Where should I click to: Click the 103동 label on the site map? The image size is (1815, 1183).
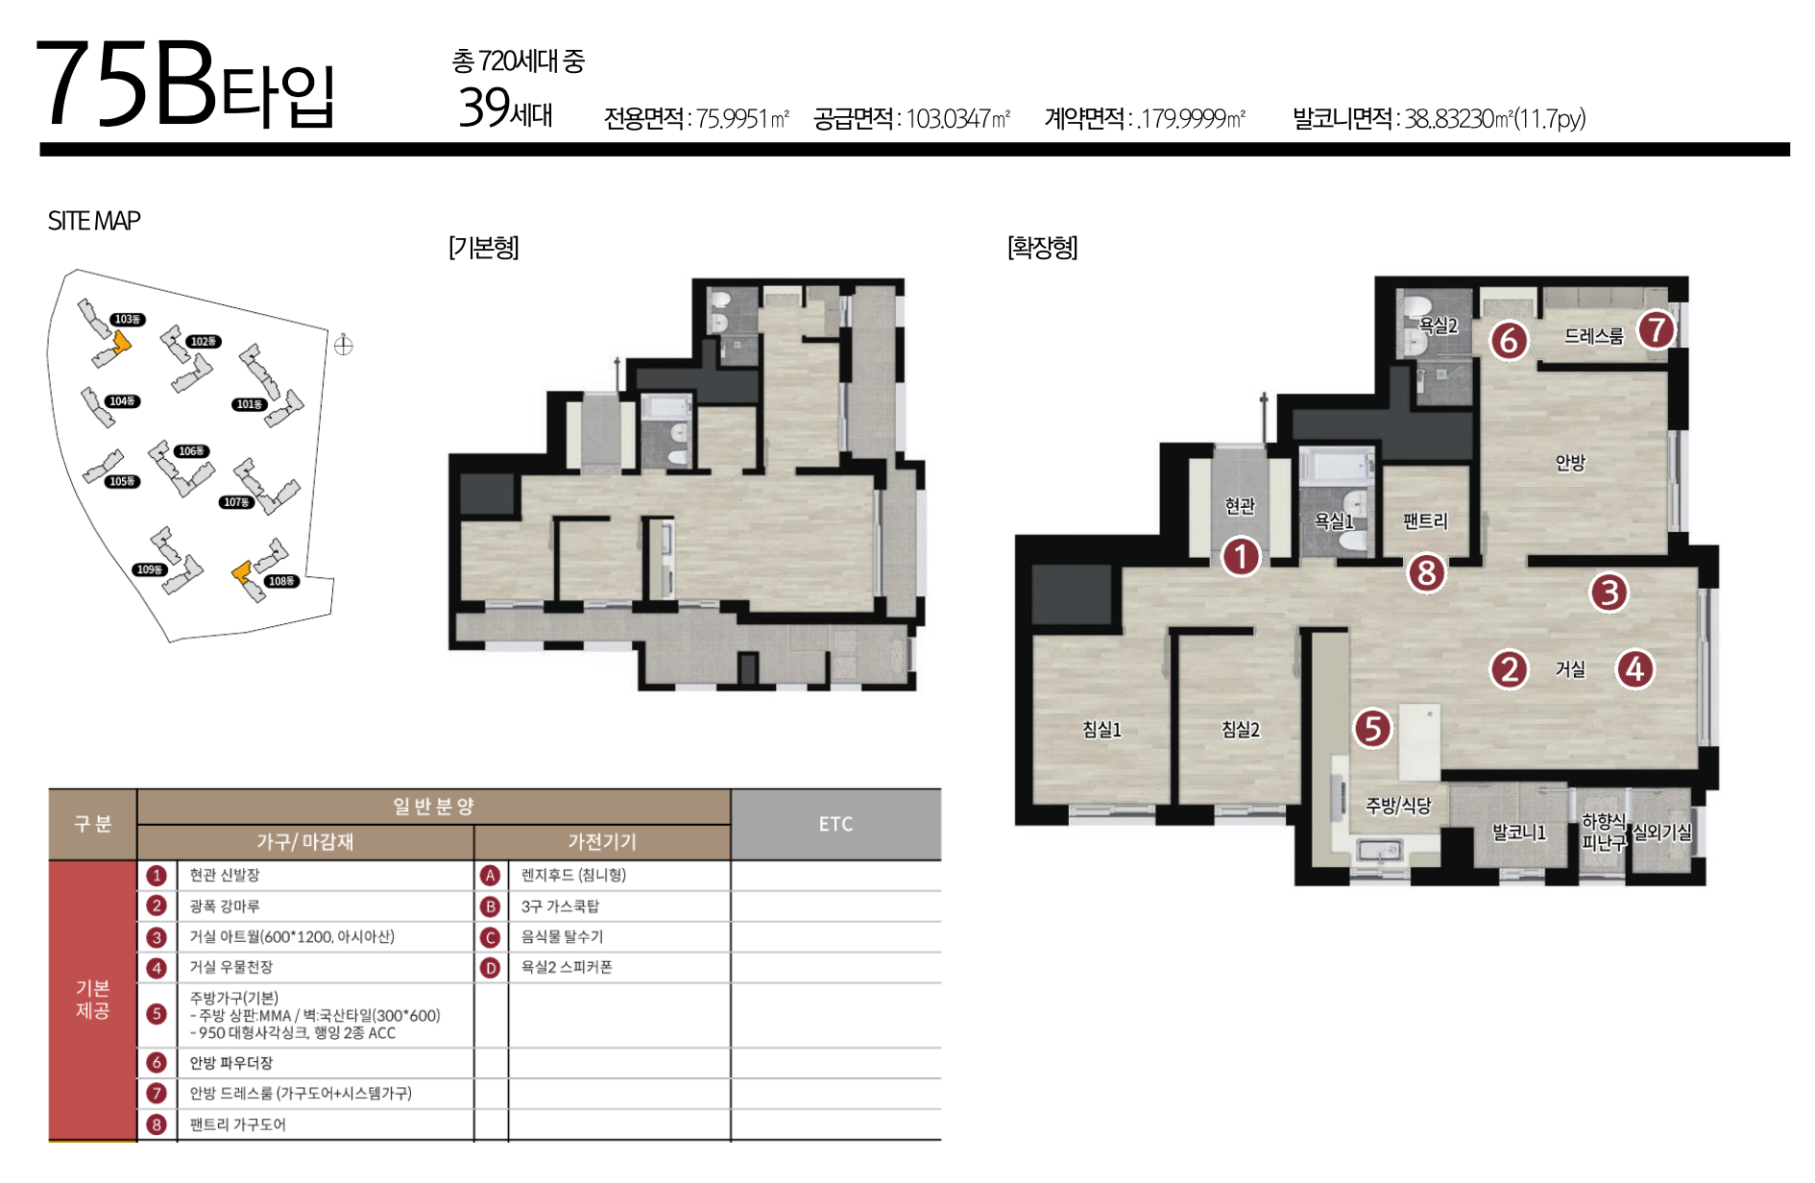[x=127, y=319]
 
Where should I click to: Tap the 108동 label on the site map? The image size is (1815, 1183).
[x=281, y=581]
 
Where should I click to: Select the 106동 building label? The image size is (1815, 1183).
[x=191, y=451]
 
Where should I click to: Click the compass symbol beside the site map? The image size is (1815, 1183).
[x=343, y=345]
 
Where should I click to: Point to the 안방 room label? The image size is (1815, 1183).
[x=1570, y=463]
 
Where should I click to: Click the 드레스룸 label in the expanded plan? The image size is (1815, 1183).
[x=1593, y=336]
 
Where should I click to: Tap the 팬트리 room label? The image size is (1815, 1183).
[x=1425, y=520]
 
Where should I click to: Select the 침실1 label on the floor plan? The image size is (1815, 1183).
[x=1101, y=730]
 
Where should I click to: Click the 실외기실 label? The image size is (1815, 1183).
[x=1662, y=833]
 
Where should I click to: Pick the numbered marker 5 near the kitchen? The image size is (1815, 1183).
[x=1372, y=729]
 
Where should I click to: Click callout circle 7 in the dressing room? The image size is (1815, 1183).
[x=1657, y=329]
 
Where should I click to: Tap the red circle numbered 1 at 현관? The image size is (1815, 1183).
[x=1241, y=556]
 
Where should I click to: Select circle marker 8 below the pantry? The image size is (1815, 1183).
[x=1426, y=573]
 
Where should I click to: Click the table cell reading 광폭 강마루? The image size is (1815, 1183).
[x=224, y=905]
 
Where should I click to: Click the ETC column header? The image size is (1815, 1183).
[x=835, y=824]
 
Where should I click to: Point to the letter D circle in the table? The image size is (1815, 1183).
[x=490, y=967]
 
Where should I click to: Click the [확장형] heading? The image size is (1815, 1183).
[x=1042, y=248]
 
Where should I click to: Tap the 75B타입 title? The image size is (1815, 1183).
[x=185, y=84]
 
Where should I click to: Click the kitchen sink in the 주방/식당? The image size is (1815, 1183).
[x=1380, y=850]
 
